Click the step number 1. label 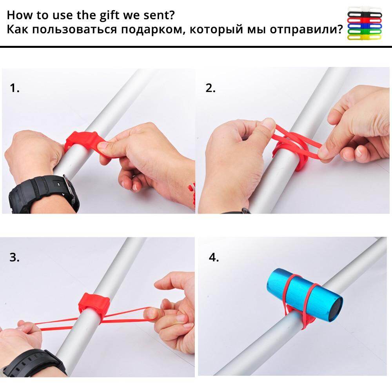point(15,88)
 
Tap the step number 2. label point(211,88)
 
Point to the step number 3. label point(15,257)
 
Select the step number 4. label point(214,257)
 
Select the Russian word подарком point(153,30)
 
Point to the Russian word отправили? point(306,29)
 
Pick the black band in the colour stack point(365,15)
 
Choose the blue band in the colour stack point(365,26)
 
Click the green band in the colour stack point(365,32)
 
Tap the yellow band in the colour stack point(365,37)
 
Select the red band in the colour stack point(365,20)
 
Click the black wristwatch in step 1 point(42,194)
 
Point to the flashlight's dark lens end point(335,310)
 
